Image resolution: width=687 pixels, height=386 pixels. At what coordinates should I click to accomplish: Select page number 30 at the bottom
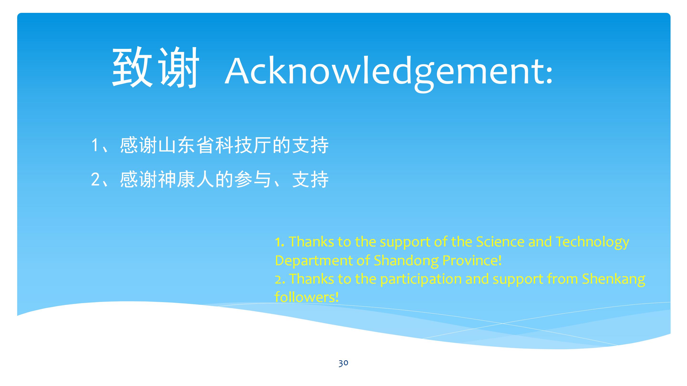click(343, 363)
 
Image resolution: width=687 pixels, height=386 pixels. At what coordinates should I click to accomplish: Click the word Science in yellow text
click(500, 242)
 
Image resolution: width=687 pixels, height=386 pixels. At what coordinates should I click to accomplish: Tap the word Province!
click(472, 260)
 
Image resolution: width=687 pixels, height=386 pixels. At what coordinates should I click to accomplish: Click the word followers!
click(307, 296)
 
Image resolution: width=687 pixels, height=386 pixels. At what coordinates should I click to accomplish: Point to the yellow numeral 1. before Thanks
click(280, 242)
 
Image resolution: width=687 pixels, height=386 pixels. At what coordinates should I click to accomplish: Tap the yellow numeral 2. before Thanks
click(280, 279)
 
